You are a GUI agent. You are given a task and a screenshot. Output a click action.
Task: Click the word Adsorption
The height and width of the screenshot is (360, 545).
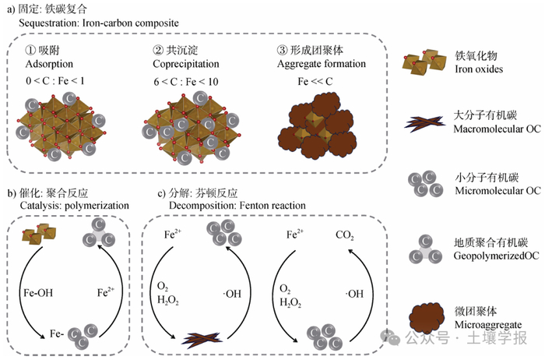pos(49,65)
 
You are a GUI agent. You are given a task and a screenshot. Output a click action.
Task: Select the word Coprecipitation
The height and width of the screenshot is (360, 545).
pos(186,65)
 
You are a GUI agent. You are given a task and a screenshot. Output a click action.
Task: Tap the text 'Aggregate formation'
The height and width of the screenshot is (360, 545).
pos(321,65)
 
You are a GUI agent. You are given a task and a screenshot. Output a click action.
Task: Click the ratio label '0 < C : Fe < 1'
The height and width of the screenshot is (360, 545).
pos(55,81)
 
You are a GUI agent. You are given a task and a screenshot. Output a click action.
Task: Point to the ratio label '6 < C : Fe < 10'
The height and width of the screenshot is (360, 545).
pos(186,82)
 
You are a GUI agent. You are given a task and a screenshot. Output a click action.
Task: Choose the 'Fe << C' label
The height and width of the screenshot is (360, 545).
pos(315,81)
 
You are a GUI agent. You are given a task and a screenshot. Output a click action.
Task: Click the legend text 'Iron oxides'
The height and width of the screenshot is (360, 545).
pos(479,69)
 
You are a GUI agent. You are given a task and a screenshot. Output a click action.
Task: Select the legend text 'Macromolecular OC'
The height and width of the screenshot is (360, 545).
pos(497,129)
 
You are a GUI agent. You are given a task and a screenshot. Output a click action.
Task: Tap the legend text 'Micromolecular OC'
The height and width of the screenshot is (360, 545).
pos(498,191)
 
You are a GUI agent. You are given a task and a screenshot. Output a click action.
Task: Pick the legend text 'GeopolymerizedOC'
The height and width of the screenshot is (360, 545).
pos(496,256)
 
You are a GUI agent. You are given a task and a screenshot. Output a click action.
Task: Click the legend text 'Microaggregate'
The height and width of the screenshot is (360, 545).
pos(488,325)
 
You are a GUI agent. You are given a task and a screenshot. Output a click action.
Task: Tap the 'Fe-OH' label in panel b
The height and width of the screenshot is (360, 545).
pos(38,293)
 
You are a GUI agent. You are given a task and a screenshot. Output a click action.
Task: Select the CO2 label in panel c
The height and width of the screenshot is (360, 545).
pos(344,235)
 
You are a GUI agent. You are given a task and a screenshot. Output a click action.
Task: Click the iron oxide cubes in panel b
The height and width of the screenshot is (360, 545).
pos(39,233)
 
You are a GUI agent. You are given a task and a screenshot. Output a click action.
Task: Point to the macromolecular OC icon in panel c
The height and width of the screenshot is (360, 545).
pos(202,337)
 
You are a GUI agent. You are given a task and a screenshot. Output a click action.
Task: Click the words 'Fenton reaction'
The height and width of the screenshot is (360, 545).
pos(272,206)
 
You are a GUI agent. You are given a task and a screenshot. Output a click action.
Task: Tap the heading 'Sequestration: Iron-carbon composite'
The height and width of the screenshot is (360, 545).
pos(99,23)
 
